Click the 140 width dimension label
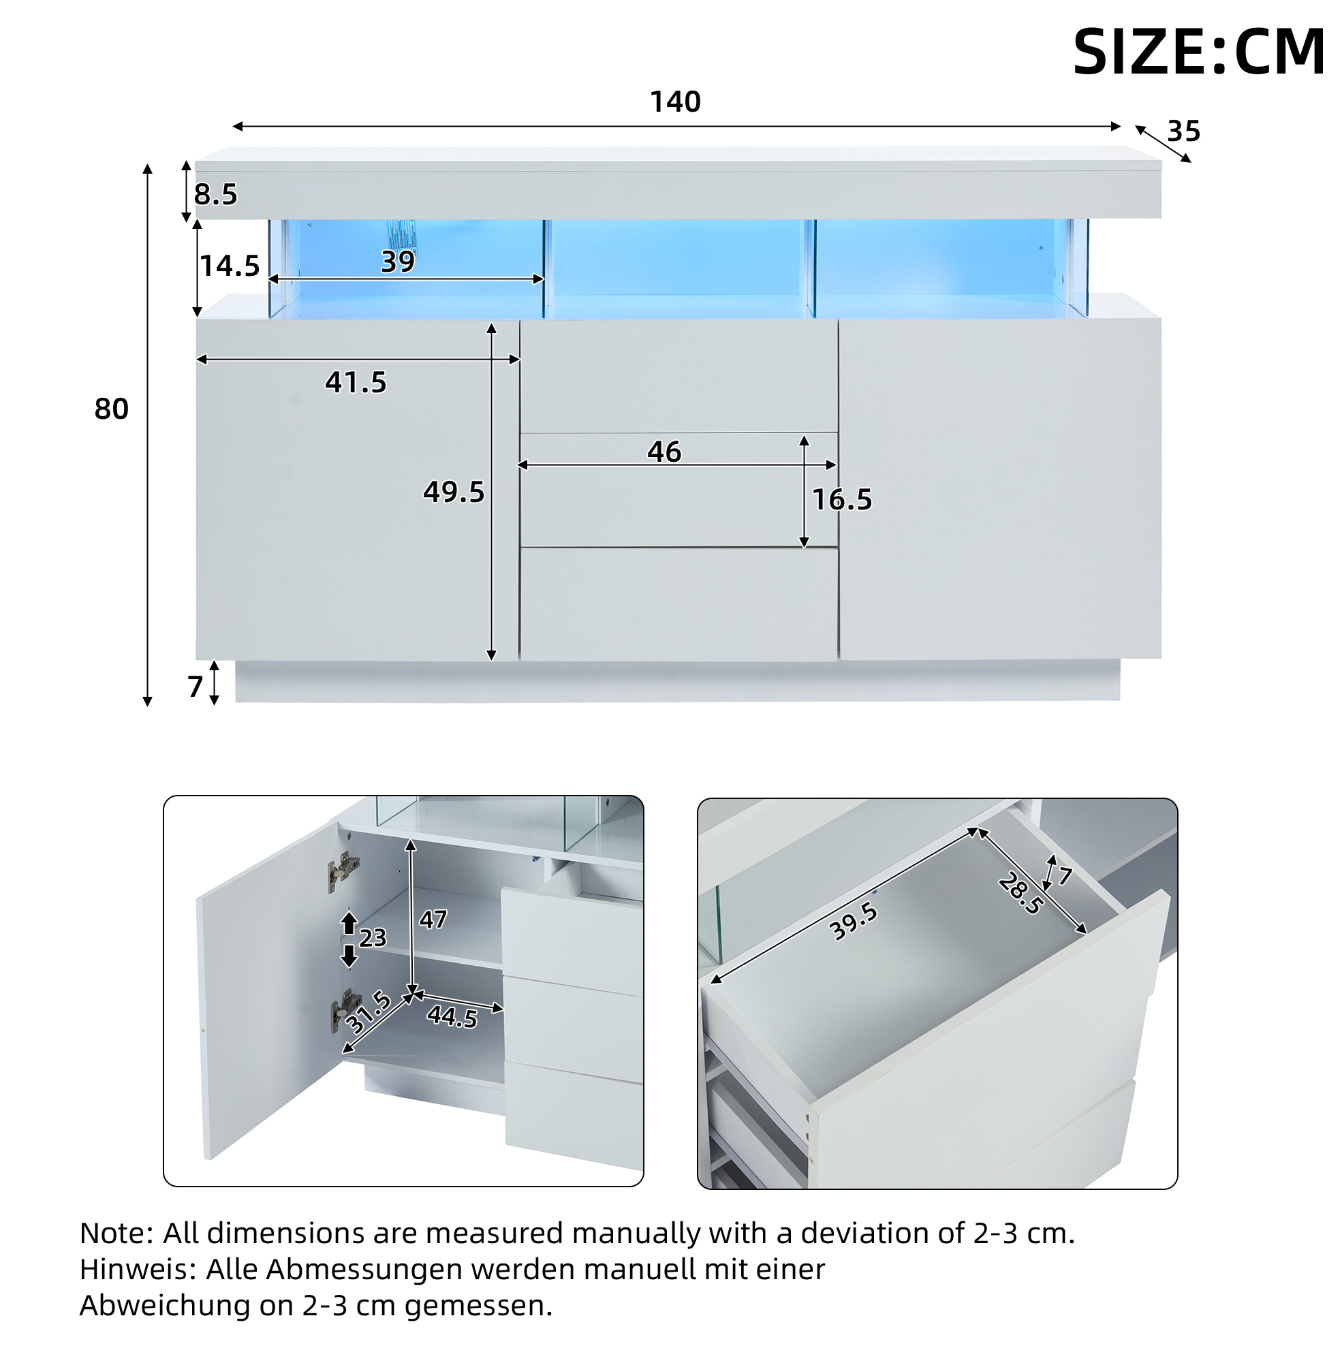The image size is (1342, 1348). pyautogui.click(x=675, y=102)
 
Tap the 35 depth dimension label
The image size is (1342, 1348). pyautogui.click(x=1183, y=131)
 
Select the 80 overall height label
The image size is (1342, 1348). pyautogui.click(x=112, y=409)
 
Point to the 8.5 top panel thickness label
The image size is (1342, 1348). pyautogui.click(x=216, y=194)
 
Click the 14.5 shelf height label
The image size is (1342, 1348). pyautogui.click(x=230, y=266)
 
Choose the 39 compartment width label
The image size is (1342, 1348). pyautogui.click(x=398, y=262)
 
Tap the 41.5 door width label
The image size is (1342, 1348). pyautogui.click(x=356, y=382)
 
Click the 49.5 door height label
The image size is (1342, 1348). pyautogui.click(x=454, y=492)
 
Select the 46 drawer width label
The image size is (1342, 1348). pyautogui.click(x=664, y=452)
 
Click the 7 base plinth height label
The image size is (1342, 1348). pyautogui.click(x=196, y=687)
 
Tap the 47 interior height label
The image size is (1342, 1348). pyautogui.click(x=433, y=920)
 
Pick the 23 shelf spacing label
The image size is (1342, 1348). pyautogui.click(x=373, y=938)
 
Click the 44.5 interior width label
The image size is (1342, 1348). pyautogui.click(x=452, y=1016)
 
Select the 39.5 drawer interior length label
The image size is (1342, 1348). pyautogui.click(x=853, y=921)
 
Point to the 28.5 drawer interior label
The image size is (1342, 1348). pyautogui.click(x=1020, y=894)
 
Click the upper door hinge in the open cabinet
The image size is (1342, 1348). pyautogui.click(x=343, y=871)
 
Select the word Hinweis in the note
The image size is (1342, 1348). pyautogui.click(x=138, y=1269)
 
